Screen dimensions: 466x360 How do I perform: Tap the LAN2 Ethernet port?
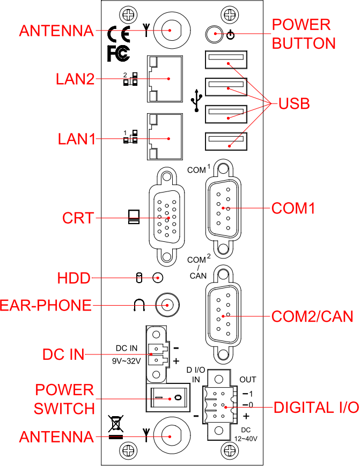pyautogui.click(x=164, y=79)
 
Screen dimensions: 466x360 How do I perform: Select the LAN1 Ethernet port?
pyautogui.click(x=164, y=137)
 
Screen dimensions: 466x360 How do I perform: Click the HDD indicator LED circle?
pyautogui.click(x=158, y=277)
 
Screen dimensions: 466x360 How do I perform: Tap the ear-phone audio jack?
pyautogui.click(x=166, y=305)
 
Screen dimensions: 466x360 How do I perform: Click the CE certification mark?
pyautogui.click(x=119, y=34)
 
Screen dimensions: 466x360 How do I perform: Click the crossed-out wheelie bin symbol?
pyautogui.click(x=115, y=424)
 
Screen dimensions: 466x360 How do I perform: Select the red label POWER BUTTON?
pyautogui.click(x=304, y=34)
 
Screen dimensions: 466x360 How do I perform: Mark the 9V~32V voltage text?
pyautogui.click(x=126, y=361)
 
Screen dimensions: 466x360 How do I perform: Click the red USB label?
pyautogui.click(x=294, y=104)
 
